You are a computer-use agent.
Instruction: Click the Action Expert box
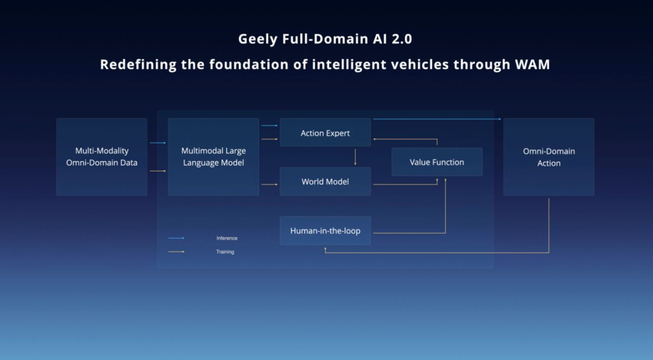325,133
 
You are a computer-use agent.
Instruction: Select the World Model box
325,182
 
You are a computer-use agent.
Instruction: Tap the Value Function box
437,162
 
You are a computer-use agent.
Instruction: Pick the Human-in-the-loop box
325,231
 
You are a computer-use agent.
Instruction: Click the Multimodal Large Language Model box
213,157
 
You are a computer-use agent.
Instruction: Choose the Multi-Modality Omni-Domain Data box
102,157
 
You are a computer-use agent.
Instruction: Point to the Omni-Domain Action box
548,157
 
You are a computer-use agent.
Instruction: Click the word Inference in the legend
227,238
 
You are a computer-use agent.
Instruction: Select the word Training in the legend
225,252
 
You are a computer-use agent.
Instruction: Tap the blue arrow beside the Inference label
176,238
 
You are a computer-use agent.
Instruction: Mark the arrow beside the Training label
176,252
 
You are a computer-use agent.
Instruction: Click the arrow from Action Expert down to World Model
355,157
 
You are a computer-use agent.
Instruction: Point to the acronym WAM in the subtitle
533,64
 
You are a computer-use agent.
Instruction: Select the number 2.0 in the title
400,39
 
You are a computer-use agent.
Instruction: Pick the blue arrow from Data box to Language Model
157,143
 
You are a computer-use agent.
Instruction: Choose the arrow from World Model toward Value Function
405,184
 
